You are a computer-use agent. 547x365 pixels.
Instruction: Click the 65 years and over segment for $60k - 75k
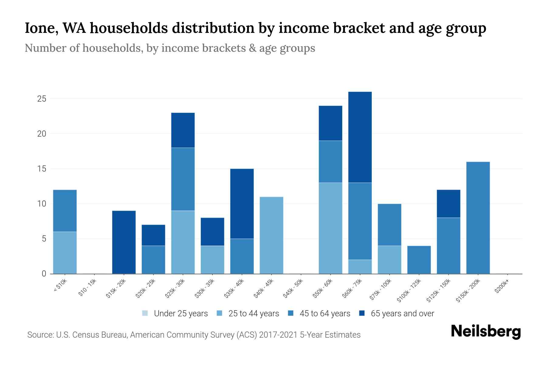pyautogui.click(x=360, y=137)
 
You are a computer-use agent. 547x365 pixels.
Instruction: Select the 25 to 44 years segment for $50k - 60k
pyautogui.click(x=330, y=228)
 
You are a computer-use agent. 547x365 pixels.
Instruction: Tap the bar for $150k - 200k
pyautogui.click(x=478, y=218)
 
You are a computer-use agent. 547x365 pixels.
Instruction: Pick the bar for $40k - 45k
pyautogui.click(x=271, y=235)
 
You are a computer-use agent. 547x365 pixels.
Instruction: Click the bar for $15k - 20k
pyautogui.click(x=124, y=242)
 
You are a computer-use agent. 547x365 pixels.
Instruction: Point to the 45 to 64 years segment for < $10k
pyautogui.click(x=65, y=211)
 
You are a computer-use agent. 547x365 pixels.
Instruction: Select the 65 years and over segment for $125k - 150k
pyautogui.click(x=448, y=204)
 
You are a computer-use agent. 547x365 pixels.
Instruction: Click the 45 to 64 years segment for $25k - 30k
pyautogui.click(x=183, y=179)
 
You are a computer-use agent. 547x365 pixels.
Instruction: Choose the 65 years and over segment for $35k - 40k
pyautogui.click(x=242, y=204)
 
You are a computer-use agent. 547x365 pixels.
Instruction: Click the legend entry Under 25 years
pyautogui.click(x=175, y=314)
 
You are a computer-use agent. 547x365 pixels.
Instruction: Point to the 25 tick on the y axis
pyautogui.click(x=42, y=99)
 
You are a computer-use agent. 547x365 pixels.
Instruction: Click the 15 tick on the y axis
pyautogui.click(x=42, y=169)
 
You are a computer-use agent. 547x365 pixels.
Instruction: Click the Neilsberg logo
pyautogui.click(x=486, y=332)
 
